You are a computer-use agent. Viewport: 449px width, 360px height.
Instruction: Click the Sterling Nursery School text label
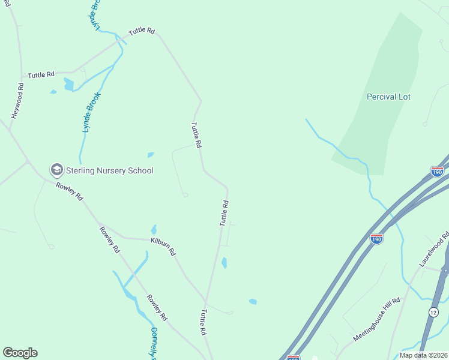click(109, 170)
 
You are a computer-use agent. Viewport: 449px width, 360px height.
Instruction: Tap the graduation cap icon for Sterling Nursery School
click(57, 170)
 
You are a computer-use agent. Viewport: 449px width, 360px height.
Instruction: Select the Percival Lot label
click(388, 97)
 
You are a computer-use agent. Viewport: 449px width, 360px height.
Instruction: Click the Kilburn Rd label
click(163, 245)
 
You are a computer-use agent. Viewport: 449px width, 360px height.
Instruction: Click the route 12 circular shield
click(433, 311)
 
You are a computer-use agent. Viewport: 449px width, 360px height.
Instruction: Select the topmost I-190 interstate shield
click(437, 172)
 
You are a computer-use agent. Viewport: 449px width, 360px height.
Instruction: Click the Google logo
click(20, 353)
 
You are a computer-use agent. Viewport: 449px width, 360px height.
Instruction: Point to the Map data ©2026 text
click(423, 355)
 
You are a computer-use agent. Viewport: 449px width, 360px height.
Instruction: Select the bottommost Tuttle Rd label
click(203, 322)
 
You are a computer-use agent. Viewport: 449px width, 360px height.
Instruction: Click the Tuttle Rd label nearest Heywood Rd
click(41, 74)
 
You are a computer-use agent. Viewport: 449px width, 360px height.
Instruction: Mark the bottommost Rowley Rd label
click(157, 307)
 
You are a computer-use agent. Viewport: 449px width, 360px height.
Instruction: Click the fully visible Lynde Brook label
click(91, 113)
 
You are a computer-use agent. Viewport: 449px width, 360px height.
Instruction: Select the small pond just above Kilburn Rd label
click(154, 229)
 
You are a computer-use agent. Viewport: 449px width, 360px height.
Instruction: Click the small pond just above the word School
click(150, 155)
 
